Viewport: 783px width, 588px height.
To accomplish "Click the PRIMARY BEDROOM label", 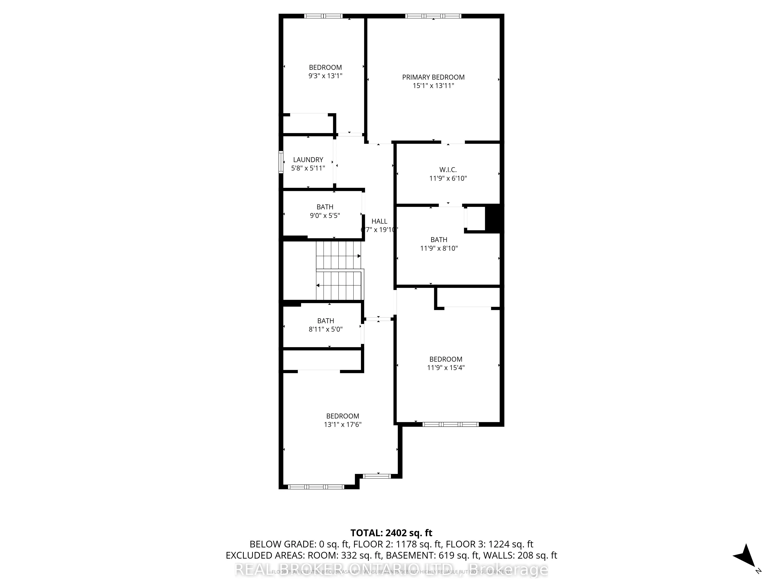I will (433, 77).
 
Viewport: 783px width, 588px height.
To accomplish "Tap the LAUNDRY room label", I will (308, 160).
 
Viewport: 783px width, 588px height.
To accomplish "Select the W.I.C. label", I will (448, 170).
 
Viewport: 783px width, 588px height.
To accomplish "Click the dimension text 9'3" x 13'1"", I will (325, 76).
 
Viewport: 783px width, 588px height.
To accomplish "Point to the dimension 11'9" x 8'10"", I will (439, 249).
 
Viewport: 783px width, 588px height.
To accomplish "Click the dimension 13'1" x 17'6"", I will (342, 425).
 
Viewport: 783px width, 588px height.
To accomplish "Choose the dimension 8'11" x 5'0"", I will (325, 329).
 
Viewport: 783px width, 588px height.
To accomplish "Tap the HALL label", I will (379, 221).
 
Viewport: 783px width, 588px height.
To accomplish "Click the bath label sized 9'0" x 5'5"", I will (325, 207).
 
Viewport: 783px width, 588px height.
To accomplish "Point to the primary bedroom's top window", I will (433, 16).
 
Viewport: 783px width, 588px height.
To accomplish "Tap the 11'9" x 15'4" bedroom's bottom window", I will (450, 424).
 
